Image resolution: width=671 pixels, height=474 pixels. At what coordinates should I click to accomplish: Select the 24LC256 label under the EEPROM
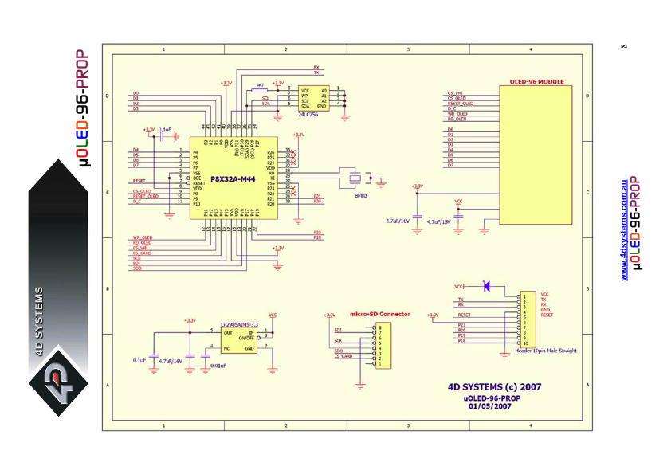click(308, 114)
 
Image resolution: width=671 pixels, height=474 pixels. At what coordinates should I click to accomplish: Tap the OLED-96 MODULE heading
click(536, 82)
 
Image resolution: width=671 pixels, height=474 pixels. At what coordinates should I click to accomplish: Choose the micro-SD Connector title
click(380, 314)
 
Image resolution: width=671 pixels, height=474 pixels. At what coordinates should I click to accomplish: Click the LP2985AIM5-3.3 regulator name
click(238, 323)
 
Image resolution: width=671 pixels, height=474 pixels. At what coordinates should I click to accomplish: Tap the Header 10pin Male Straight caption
click(546, 351)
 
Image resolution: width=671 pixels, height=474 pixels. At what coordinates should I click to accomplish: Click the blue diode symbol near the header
click(487, 285)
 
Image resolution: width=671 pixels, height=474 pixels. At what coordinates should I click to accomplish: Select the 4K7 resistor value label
click(260, 84)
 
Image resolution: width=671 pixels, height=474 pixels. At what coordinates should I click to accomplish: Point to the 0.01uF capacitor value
click(218, 366)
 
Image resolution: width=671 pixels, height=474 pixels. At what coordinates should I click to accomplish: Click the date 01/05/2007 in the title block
click(490, 405)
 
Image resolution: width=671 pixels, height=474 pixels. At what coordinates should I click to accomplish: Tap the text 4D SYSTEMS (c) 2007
click(495, 387)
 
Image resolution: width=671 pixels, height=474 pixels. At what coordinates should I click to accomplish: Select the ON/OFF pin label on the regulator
click(246, 339)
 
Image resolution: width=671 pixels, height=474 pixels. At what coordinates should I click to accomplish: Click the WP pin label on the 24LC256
click(304, 96)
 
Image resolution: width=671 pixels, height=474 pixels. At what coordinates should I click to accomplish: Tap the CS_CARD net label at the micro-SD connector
click(343, 356)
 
